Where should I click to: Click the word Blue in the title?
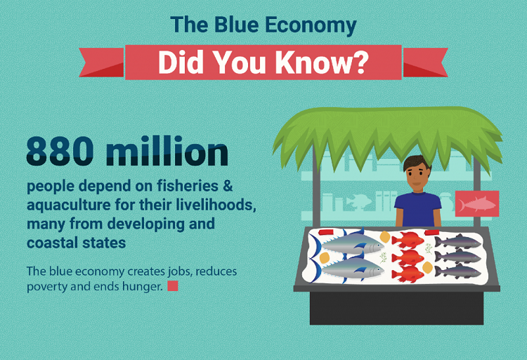coord(235,25)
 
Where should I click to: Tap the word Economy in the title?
coord(311,26)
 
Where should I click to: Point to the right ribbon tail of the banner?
coord(425,63)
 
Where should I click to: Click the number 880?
coord(60,150)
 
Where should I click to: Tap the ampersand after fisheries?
coord(228,186)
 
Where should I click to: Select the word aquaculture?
coord(69,205)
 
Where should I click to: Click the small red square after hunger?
coord(172,286)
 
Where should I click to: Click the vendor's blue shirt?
coord(418,210)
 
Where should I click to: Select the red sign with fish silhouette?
coord(477,203)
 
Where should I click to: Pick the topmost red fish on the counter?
coord(408,240)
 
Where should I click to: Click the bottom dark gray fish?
coord(457,271)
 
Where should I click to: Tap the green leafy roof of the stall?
coord(387,134)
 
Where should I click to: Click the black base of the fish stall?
coord(396,308)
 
